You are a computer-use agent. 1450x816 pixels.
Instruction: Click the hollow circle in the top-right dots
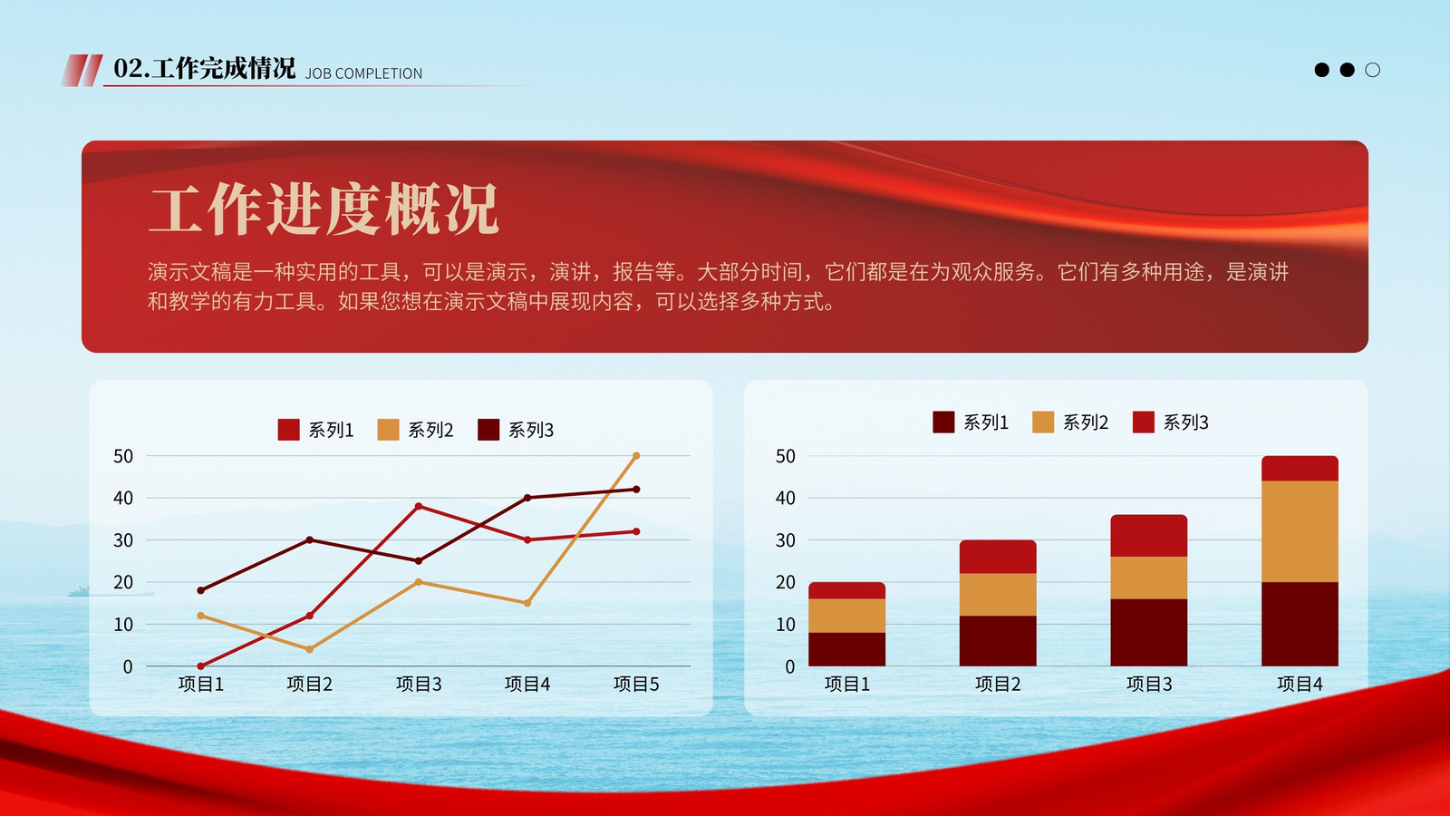pyautogui.click(x=1372, y=70)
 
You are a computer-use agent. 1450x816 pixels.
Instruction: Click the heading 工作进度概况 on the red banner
pyautogui.click(x=324, y=209)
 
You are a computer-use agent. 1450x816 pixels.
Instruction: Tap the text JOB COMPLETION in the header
pyautogui.click(x=363, y=73)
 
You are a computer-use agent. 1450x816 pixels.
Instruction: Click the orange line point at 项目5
pyautogui.click(x=636, y=456)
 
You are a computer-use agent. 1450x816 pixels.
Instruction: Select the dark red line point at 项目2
pyautogui.click(x=309, y=539)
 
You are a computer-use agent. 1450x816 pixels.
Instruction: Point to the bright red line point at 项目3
pyautogui.click(x=418, y=506)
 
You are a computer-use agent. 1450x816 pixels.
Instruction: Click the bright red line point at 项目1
pyautogui.click(x=200, y=665)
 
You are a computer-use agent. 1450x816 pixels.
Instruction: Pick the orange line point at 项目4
pyautogui.click(x=527, y=603)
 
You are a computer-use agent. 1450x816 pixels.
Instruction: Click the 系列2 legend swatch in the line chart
pyautogui.click(x=389, y=430)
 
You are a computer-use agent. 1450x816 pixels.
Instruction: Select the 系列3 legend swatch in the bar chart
pyautogui.click(x=1144, y=423)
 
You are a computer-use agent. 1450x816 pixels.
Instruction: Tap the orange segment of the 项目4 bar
pyautogui.click(x=1300, y=531)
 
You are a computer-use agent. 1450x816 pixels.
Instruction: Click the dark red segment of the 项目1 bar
pyautogui.click(x=846, y=649)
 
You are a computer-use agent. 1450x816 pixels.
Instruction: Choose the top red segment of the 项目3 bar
pyautogui.click(x=1149, y=536)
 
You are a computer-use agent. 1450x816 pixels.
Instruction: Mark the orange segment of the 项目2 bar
pyautogui.click(x=998, y=595)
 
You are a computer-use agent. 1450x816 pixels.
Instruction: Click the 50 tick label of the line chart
pyautogui.click(x=123, y=457)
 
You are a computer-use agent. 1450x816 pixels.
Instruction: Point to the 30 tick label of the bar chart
pyautogui.click(x=785, y=540)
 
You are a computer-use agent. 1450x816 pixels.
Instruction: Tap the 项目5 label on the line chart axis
pyautogui.click(x=636, y=684)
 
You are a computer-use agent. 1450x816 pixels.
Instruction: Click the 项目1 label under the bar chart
pyautogui.click(x=846, y=684)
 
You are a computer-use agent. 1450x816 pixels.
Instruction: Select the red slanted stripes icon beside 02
pyautogui.click(x=82, y=70)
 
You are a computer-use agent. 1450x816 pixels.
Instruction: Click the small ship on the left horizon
pyautogui.click(x=79, y=590)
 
